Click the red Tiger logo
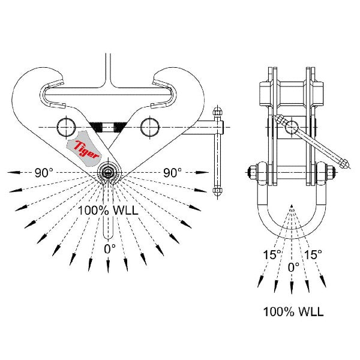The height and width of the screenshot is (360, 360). coord(86,148)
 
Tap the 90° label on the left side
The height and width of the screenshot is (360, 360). coord(43,173)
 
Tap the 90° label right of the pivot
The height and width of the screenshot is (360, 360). coord(172,173)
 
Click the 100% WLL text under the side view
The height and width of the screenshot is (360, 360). coord(293,312)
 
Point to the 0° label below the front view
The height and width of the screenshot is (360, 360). coord(109,248)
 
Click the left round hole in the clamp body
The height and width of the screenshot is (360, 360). coord(65,127)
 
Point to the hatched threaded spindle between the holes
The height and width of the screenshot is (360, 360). coord(107,127)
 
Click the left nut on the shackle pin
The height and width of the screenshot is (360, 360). coord(251,172)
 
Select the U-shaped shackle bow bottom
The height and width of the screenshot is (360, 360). coord(292,230)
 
